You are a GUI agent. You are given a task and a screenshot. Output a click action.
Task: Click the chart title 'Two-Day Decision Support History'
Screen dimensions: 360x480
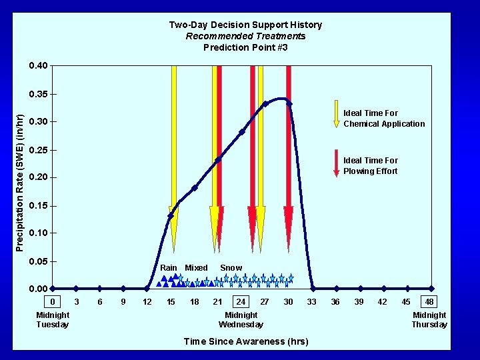tap(245, 25)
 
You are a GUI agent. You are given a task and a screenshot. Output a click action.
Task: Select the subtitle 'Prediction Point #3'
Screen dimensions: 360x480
tap(245, 47)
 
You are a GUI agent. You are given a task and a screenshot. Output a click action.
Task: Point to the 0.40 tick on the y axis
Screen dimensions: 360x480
tap(38, 65)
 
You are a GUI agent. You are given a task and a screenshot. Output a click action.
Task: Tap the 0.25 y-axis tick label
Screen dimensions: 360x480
tap(38, 149)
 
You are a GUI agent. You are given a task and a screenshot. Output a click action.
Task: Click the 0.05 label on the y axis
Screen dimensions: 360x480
tap(38, 261)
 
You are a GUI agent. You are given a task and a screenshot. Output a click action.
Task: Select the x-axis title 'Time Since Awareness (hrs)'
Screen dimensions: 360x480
tap(245, 341)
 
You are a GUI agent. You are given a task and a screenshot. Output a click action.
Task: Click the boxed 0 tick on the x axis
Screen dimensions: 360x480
tap(53, 302)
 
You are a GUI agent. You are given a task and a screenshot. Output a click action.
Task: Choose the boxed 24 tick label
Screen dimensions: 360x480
tap(241, 302)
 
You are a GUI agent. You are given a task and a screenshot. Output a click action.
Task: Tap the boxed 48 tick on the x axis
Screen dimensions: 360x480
tap(429, 302)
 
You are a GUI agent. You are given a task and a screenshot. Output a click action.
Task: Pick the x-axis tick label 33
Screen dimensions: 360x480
tap(311, 302)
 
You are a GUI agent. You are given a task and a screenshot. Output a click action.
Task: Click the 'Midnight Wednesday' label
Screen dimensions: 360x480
tap(241, 319)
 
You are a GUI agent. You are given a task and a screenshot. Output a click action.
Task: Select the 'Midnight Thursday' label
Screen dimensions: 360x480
tap(429, 319)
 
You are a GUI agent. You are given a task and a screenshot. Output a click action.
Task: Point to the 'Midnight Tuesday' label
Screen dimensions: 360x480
tap(53, 319)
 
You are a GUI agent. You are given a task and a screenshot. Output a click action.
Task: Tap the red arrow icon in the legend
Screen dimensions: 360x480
tap(337, 163)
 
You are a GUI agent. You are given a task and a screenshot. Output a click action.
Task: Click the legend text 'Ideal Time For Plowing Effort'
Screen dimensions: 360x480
tap(370, 165)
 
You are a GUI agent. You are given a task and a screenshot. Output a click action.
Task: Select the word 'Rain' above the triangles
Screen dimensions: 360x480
tap(169, 268)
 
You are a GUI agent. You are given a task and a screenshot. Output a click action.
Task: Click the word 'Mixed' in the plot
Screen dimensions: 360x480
tap(196, 268)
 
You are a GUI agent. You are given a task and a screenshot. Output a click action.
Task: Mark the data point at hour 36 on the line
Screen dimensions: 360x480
tap(335, 289)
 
